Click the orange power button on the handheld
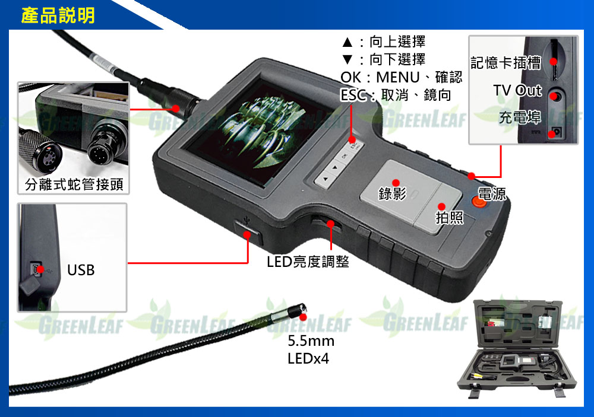pos(479,201)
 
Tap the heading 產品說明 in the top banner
pos(58,15)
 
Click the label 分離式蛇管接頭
pos(74,184)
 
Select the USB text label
pos(81,270)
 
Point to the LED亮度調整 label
pos(308,262)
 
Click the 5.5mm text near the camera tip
pos(311,341)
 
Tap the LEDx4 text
pos(308,358)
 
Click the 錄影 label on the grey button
pos(392,193)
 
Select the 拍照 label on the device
pos(449,218)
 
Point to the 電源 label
pos(492,194)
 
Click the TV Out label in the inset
pos(517,90)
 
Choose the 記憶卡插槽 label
pos(505,63)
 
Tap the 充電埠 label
pos(520,117)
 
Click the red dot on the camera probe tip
pos(302,317)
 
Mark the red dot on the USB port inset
pos(40,269)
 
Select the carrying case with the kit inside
pos(517,348)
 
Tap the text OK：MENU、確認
pos(401,77)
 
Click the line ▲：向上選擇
pos(383,42)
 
